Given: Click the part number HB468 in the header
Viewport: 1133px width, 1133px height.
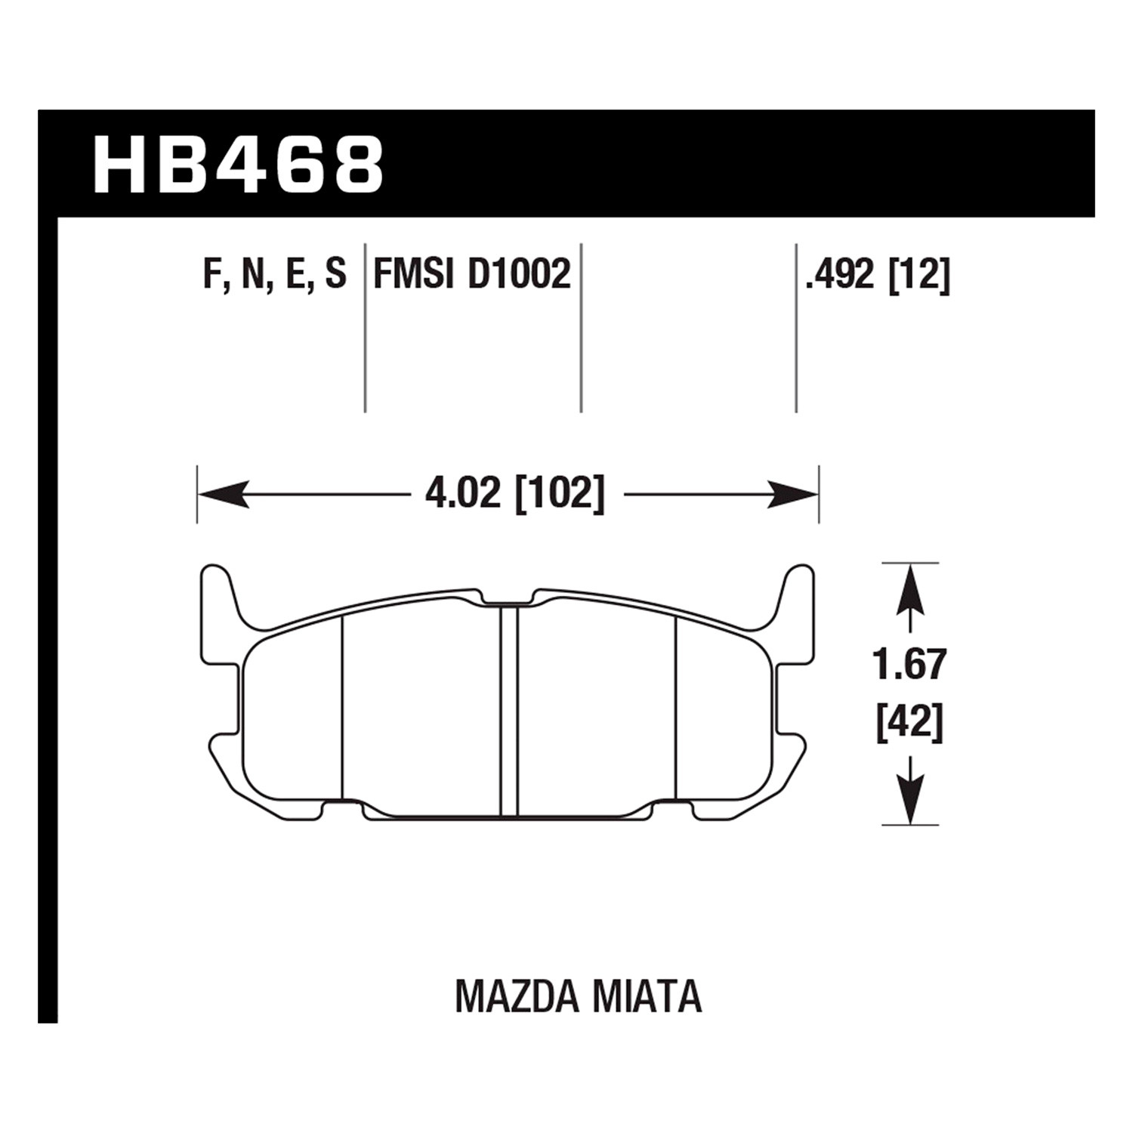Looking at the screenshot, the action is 238,165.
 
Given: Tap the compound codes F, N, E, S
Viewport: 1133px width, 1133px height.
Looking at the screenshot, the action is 275,275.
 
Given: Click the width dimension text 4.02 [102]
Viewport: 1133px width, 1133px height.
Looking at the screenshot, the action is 515,495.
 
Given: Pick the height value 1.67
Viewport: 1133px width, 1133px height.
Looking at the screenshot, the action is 910,665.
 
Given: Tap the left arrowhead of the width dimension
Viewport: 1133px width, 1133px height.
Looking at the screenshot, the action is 224,495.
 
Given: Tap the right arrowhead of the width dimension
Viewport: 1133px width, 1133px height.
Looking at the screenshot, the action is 793,495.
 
